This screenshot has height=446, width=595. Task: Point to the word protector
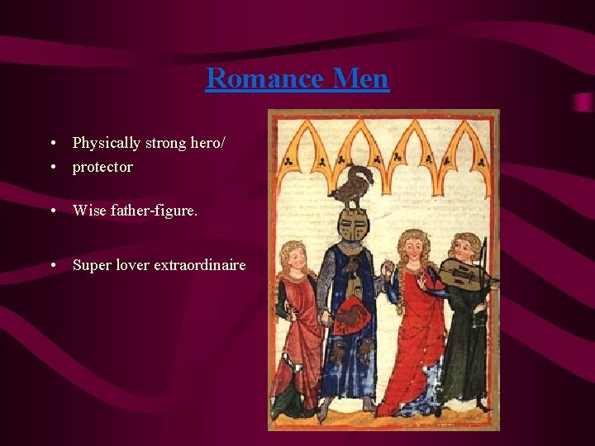click(102, 167)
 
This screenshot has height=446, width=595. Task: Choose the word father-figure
click(153, 211)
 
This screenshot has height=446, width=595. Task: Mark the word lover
click(132, 265)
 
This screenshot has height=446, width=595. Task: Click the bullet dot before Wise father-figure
click(53, 211)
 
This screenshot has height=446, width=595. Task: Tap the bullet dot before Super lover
click(53, 265)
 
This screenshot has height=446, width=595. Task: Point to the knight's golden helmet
click(352, 225)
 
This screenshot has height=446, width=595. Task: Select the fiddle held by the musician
click(463, 273)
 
